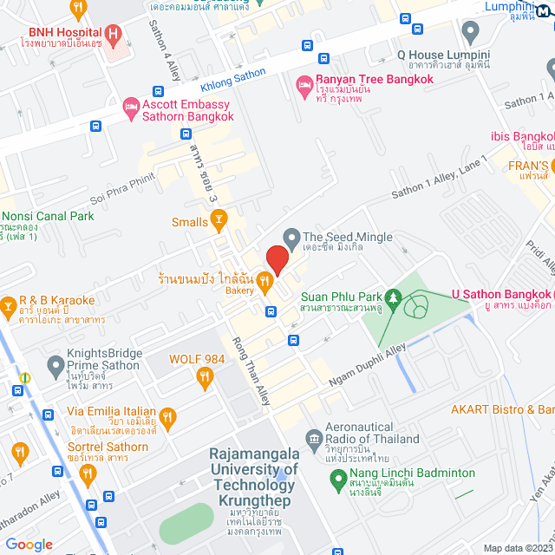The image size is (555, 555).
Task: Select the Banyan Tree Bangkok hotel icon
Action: pyautogui.click(x=304, y=84)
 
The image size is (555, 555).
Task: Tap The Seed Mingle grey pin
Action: pyautogui.click(x=291, y=237)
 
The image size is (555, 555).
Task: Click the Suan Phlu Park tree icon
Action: pyautogui.click(x=395, y=299)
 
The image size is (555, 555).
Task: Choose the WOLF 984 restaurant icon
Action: pyautogui.click(x=206, y=375)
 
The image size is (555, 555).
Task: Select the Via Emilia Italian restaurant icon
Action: pyautogui.click(x=167, y=418)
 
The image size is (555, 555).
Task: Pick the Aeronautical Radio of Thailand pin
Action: pyautogui.click(x=314, y=437)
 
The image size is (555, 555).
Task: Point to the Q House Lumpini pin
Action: pyautogui.click(x=471, y=33)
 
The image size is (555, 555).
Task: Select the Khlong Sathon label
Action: pyautogui.click(x=233, y=81)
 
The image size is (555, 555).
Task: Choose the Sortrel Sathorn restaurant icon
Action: pyautogui.click(x=87, y=473)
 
